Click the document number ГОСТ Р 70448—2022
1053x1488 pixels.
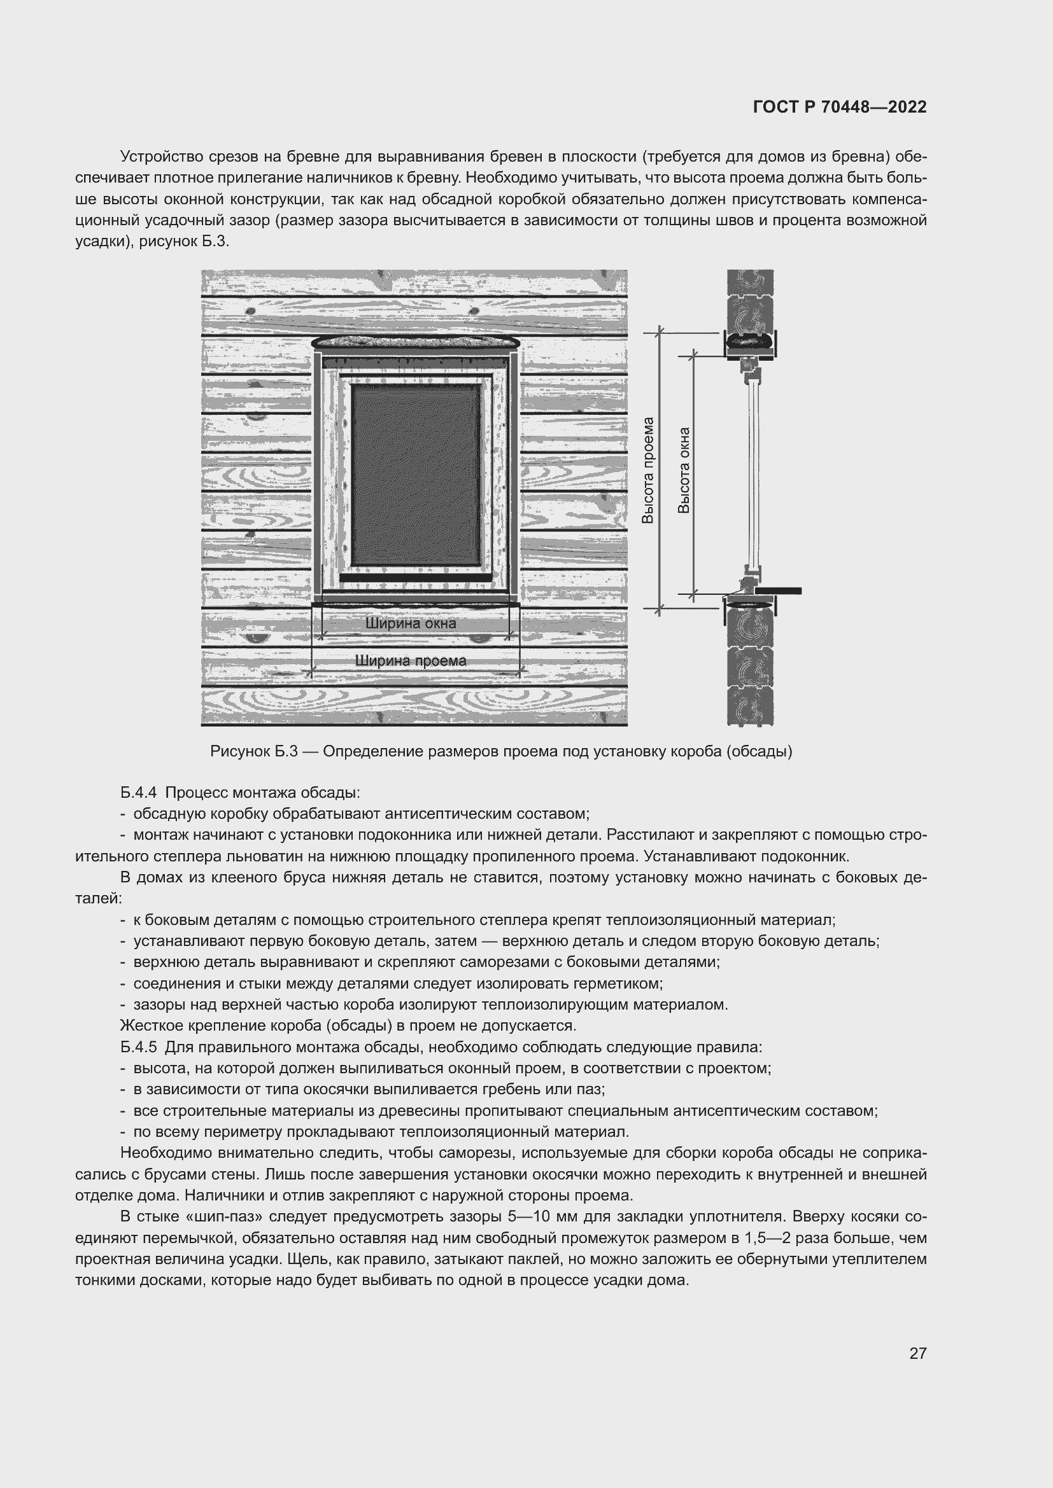(x=840, y=107)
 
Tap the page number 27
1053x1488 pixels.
(x=917, y=1353)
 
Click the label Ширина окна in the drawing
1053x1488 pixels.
(x=411, y=623)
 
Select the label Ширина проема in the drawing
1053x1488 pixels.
(x=411, y=661)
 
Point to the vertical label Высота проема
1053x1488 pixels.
(x=647, y=470)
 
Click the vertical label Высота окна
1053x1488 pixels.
(x=684, y=470)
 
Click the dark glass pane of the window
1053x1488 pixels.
(x=416, y=475)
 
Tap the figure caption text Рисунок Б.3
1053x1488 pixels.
(x=253, y=751)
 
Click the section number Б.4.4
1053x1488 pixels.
(x=139, y=793)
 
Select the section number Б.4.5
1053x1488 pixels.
(x=139, y=1046)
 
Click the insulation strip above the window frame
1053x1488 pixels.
(x=415, y=341)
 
